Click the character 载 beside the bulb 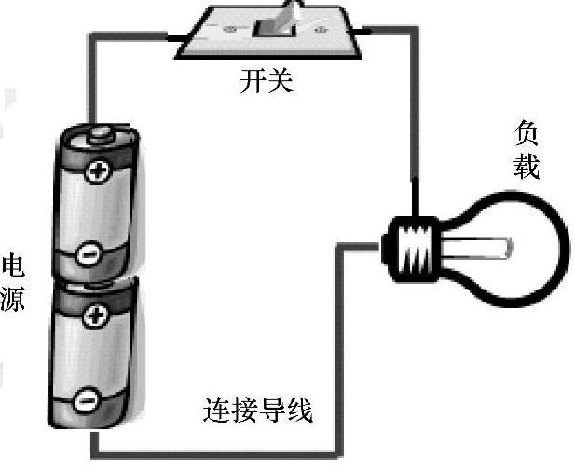[x=527, y=168]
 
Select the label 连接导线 [x=257, y=410]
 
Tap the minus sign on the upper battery [x=87, y=251]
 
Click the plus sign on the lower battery [x=94, y=317]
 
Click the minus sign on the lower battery [x=85, y=400]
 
